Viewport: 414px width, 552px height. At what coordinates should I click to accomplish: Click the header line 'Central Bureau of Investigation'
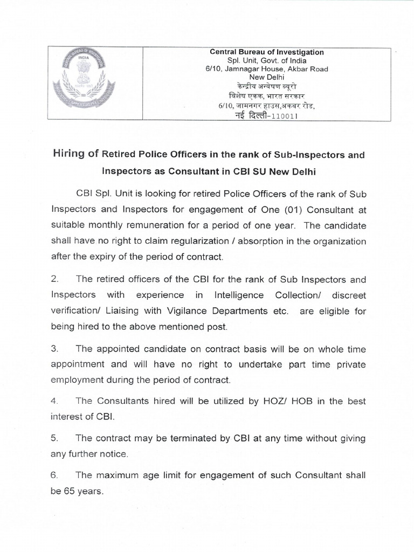(267, 52)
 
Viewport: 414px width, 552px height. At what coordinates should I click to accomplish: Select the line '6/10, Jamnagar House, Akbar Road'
(267, 69)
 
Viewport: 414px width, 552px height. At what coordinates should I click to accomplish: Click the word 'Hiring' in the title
(74, 154)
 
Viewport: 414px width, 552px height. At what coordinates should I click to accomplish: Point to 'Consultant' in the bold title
(205, 171)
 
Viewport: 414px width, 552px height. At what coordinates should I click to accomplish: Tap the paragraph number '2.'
(54, 279)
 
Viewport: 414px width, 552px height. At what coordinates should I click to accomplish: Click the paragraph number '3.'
(54, 349)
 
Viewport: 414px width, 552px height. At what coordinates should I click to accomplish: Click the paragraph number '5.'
(54, 438)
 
